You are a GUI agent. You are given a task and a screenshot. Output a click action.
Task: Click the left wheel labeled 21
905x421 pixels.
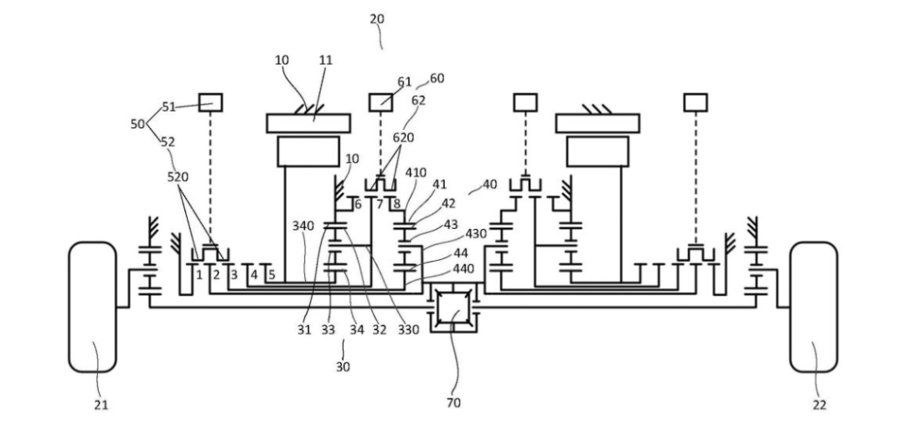pyautogui.click(x=92, y=307)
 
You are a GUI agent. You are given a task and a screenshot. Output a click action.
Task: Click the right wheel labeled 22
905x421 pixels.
pyautogui.click(x=813, y=307)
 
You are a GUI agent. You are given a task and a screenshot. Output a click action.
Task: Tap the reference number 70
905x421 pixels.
pyautogui.click(x=453, y=403)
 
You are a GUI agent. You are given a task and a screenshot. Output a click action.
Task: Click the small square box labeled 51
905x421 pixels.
pyautogui.click(x=210, y=102)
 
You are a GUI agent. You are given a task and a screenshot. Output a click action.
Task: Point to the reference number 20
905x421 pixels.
pyautogui.click(x=376, y=18)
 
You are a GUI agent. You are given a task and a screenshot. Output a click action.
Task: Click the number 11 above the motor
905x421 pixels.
pyautogui.click(x=326, y=60)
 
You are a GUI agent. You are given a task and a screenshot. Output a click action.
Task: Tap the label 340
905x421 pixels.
pyautogui.click(x=303, y=226)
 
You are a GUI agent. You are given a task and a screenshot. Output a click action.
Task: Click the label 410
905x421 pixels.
pyautogui.click(x=416, y=173)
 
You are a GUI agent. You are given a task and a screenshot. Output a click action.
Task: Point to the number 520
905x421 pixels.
pyautogui.click(x=178, y=177)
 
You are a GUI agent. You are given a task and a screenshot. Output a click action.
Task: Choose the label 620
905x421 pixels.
pyautogui.click(x=403, y=137)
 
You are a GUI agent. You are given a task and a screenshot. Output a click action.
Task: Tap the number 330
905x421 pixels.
pyautogui.click(x=407, y=330)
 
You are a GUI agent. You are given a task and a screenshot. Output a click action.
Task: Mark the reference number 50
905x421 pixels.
pyautogui.click(x=138, y=123)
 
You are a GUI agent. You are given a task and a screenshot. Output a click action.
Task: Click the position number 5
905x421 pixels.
pyautogui.click(x=271, y=274)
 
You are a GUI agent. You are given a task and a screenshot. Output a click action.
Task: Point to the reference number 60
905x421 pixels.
pyautogui.click(x=437, y=78)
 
